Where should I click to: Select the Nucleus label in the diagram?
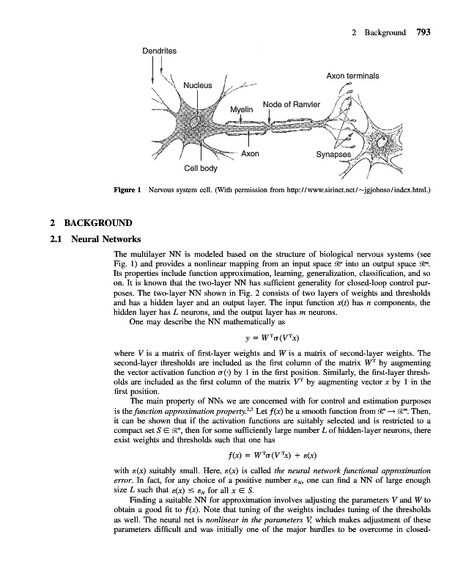197,85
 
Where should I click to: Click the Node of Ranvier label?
291,103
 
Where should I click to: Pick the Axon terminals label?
352,76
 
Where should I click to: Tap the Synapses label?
333,155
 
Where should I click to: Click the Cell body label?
200,168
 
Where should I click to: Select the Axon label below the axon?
250,154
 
